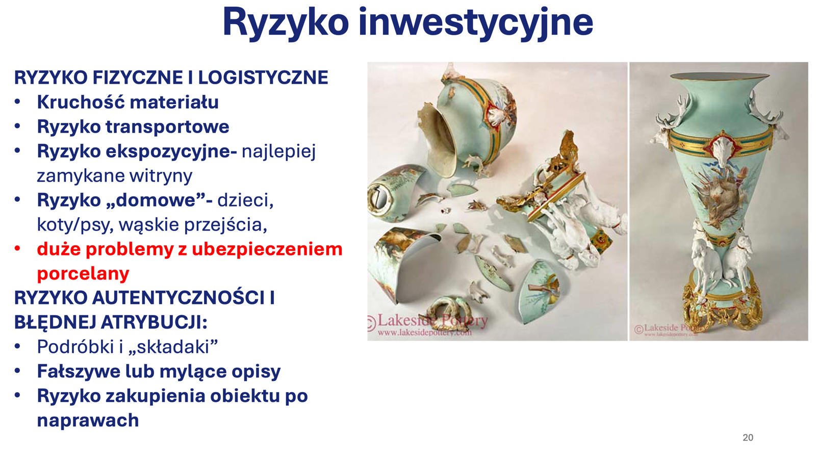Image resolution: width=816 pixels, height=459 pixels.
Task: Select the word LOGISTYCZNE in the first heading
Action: tap(263, 78)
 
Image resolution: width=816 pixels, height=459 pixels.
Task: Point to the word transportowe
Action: tap(168, 127)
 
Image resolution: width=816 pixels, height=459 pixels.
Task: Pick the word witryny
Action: tap(161, 176)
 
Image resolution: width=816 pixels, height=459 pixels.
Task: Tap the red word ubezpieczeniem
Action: tap(268, 250)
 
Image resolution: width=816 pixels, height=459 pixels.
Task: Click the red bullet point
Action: tap(17, 249)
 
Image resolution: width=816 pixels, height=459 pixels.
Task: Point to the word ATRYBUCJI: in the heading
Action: tap(154, 322)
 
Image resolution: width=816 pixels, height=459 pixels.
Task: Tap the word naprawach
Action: tap(88, 420)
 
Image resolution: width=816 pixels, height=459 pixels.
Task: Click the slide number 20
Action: tap(748, 438)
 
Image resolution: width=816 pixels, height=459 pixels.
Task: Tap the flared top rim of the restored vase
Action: tap(720, 76)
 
